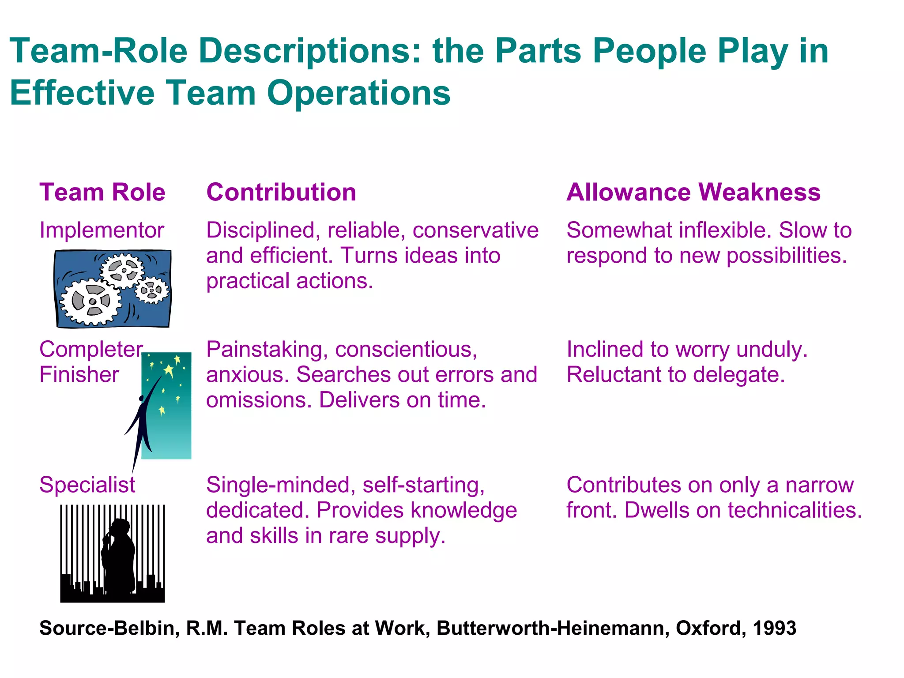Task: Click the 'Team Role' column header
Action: click(102, 192)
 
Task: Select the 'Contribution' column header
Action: click(281, 192)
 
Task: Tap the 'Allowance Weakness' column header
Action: click(693, 192)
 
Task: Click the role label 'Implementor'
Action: click(102, 230)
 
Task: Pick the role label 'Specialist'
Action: click(87, 485)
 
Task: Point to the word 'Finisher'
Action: click(79, 375)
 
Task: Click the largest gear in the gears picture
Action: click(91, 301)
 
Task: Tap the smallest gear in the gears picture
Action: click(152, 290)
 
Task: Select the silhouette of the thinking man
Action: click(118, 556)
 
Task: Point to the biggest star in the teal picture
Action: click(169, 370)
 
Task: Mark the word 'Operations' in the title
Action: click(358, 94)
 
